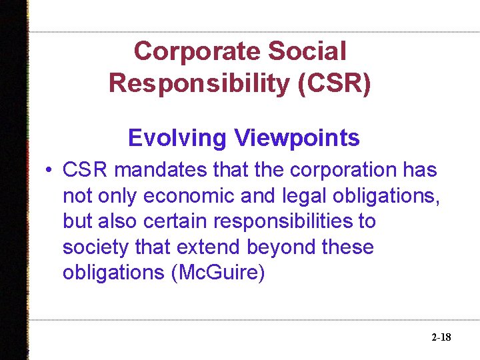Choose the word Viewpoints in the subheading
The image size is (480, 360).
297,138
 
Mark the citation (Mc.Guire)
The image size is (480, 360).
218,273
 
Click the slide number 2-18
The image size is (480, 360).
441,337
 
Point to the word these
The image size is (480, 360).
347,247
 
